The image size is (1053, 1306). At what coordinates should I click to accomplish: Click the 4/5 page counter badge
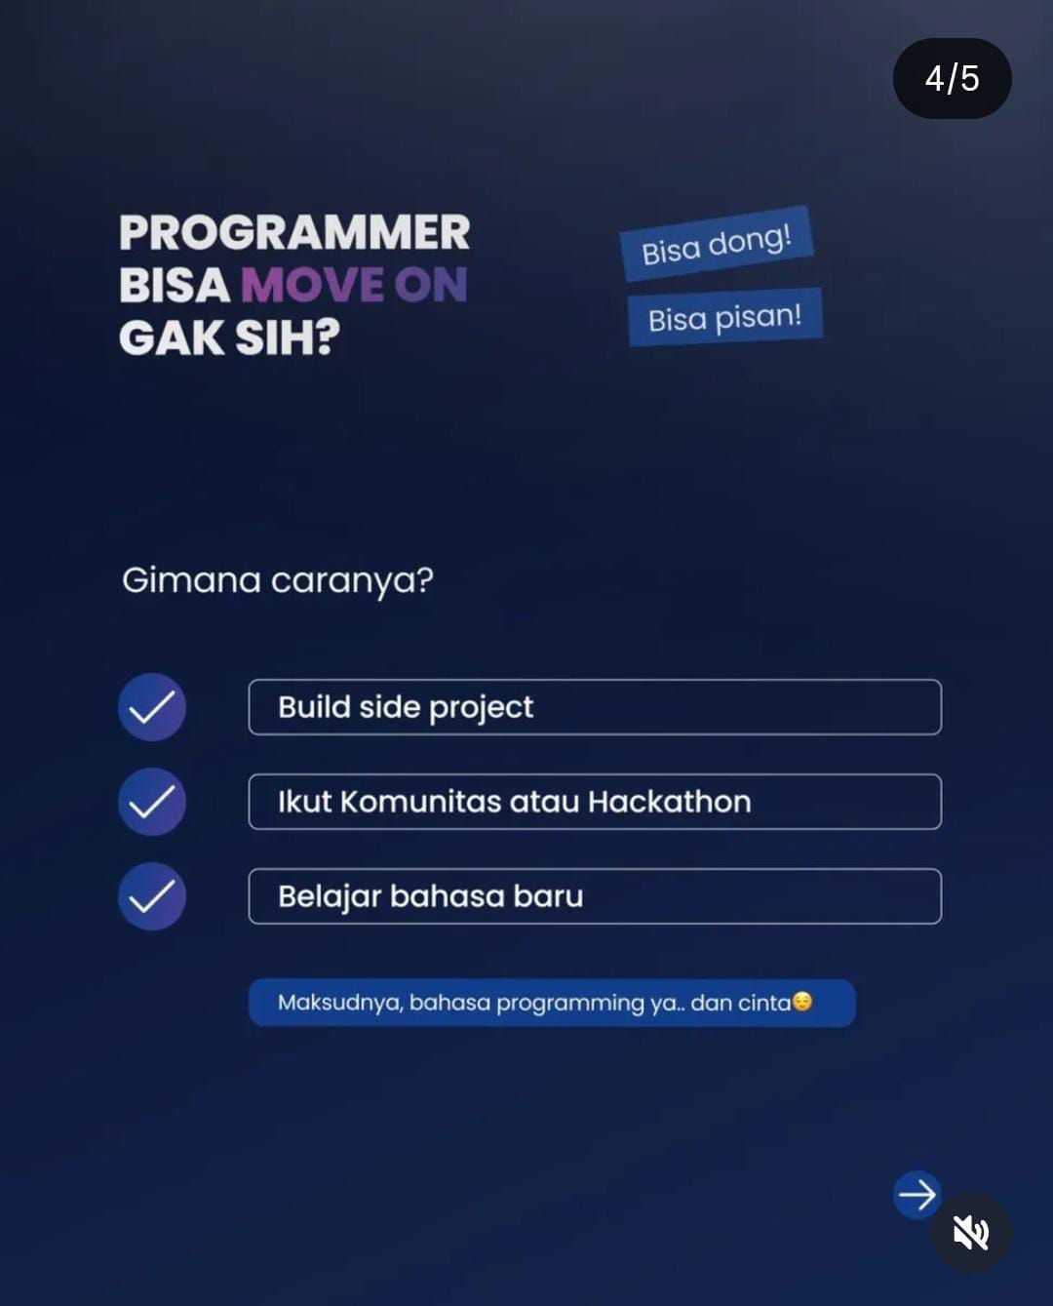coord(952,78)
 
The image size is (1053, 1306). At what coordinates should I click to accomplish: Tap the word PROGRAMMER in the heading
coord(294,232)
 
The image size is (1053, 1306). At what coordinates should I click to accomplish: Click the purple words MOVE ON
coord(355,285)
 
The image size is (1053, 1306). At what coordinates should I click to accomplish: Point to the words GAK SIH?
coord(229,337)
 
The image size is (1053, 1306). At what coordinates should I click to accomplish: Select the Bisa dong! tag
coord(717,244)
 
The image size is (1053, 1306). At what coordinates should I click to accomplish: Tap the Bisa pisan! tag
coord(725,317)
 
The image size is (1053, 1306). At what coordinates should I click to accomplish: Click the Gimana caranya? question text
coord(278,580)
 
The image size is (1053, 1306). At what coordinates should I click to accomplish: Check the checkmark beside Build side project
coord(152,707)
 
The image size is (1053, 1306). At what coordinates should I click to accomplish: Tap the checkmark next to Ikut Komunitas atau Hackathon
coord(152,802)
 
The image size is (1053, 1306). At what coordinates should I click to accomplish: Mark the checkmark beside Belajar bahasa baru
coord(152,896)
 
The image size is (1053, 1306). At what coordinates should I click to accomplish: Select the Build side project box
coord(595,707)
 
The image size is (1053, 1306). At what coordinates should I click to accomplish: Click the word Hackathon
coord(670,802)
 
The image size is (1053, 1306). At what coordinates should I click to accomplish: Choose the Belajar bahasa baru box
coord(595,896)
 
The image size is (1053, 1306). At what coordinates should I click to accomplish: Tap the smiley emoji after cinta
coord(802,1002)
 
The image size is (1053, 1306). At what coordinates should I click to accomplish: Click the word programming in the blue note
coord(570,1005)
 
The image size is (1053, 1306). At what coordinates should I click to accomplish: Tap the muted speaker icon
coord(971,1232)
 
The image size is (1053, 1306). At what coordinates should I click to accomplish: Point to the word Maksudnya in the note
coord(340,1004)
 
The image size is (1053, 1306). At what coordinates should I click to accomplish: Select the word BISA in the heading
coord(175,285)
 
